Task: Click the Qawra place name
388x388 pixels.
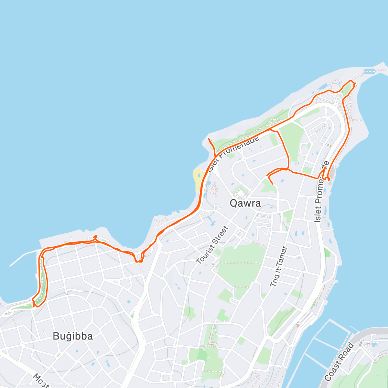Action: [245, 203]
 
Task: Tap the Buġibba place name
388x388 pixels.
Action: [73, 336]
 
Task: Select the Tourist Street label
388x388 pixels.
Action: [212, 244]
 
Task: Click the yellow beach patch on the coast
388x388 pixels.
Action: [197, 180]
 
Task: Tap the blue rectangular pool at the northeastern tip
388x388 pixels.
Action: [368, 70]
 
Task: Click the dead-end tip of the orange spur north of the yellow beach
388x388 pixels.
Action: [209, 139]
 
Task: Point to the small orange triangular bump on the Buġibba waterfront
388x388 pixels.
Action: [95, 237]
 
